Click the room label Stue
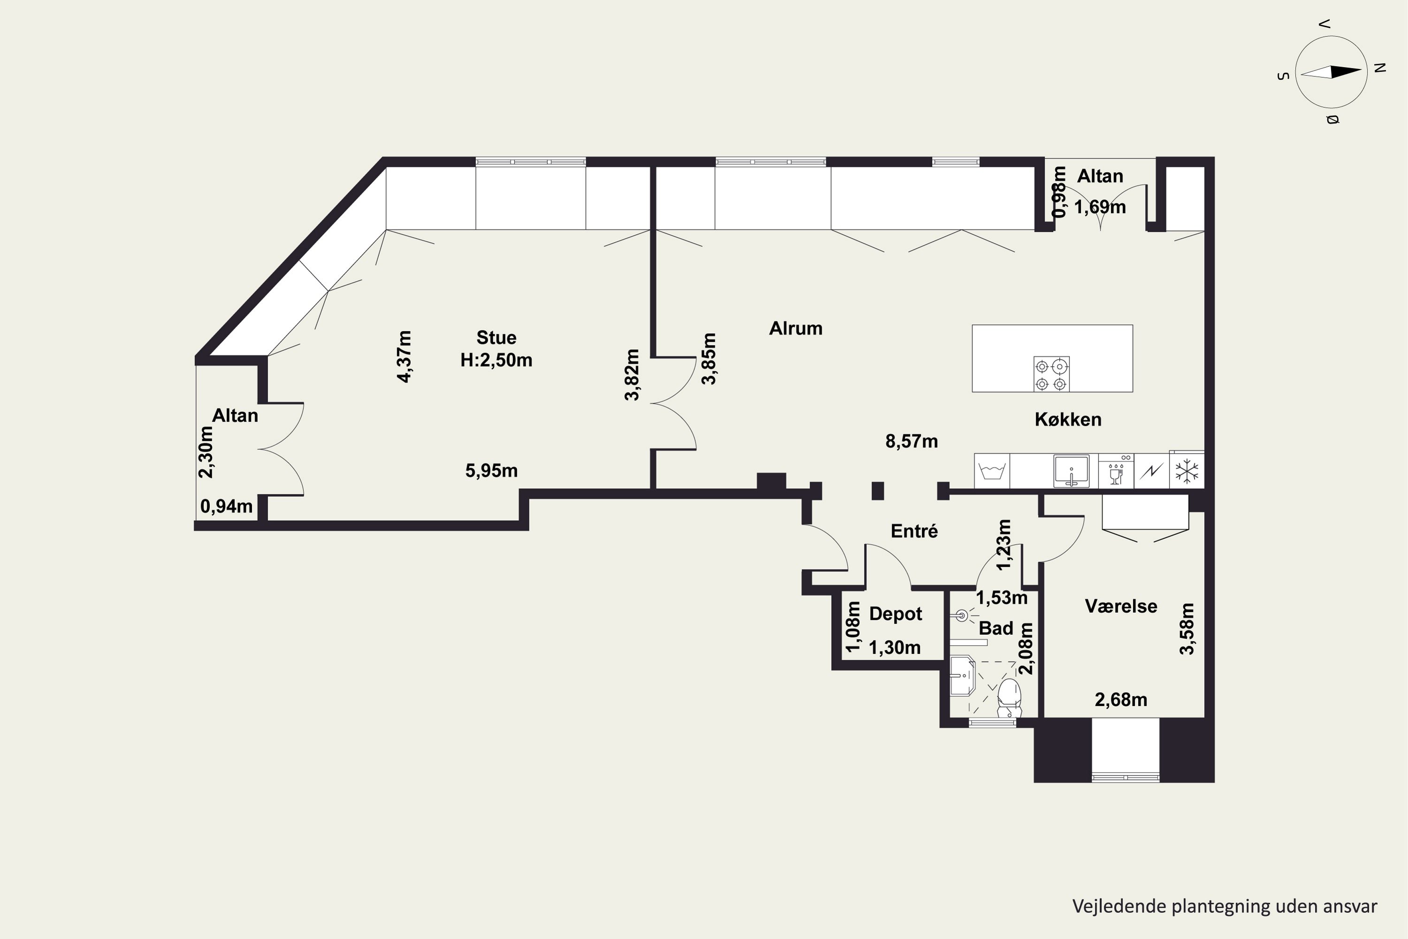pyautogui.click(x=496, y=338)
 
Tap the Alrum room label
pyautogui.click(x=796, y=328)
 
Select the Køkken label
pyautogui.click(x=1068, y=419)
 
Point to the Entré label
pyautogui.click(x=914, y=531)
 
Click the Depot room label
pyautogui.click(x=895, y=614)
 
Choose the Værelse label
pyautogui.click(x=1121, y=606)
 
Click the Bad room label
pyautogui.click(x=996, y=628)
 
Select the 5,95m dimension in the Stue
pyautogui.click(x=491, y=471)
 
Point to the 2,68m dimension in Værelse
pyautogui.click(x=1121, y=700)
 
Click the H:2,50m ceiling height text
pyautogui.click(x=496, y=360)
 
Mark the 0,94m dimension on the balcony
pyautogui.click(x=226, y=507)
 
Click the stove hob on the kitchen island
pyautogui.click(x=1051, y=374)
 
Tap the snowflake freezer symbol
pyautogui.click(x=1186, y=471)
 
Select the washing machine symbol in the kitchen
pyautogui.click(x=992, y=471)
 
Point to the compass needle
pyautogui.click(x=1331, y=72)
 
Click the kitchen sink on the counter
pyautogui.click(x=1071, y=471)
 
